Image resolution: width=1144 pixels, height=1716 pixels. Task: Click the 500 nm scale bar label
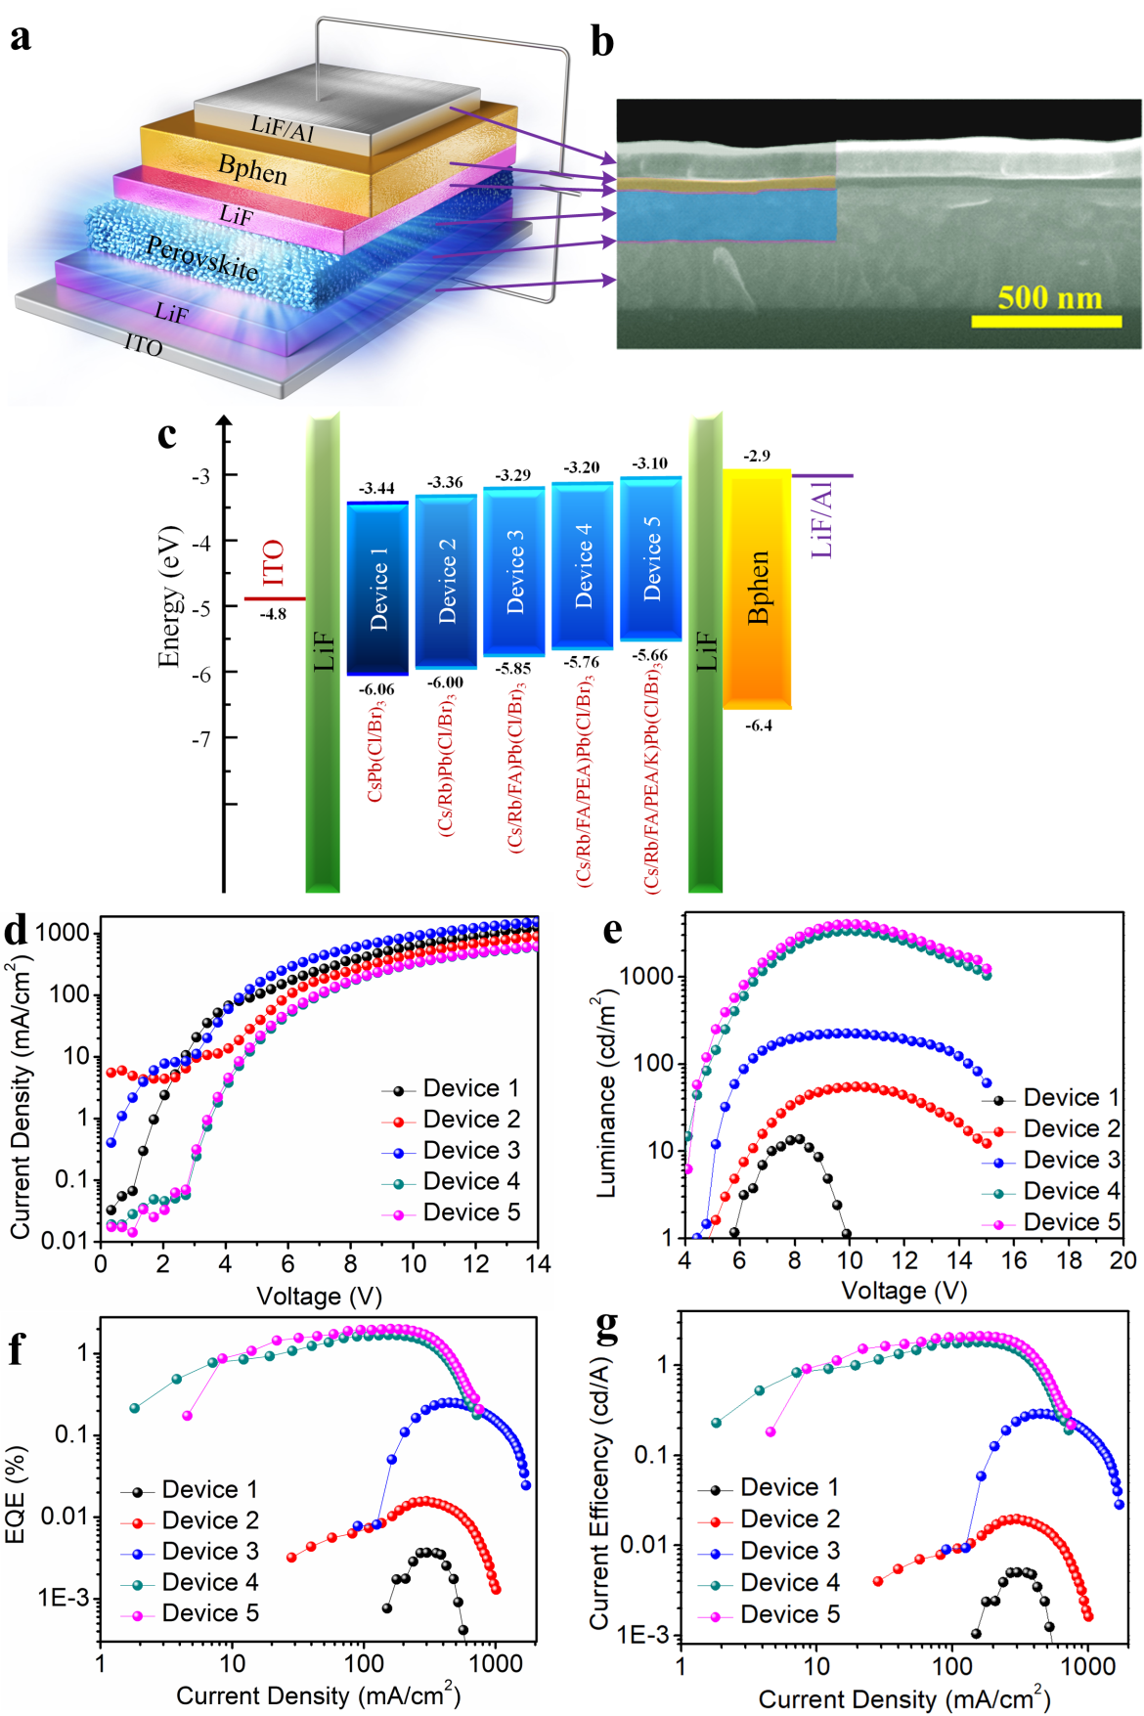[1049, 298]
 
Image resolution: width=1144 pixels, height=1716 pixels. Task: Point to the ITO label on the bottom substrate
[143, 344]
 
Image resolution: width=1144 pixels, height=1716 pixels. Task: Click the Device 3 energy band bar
[513, 571]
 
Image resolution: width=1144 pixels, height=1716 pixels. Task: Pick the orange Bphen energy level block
[758, 588]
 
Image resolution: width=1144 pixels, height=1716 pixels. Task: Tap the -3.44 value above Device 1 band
[376, 488]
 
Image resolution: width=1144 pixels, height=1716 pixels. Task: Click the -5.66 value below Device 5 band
[649, 655]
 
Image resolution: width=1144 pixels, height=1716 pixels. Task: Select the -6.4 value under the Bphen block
[759, 726]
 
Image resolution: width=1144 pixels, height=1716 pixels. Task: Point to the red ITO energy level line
[275, 598]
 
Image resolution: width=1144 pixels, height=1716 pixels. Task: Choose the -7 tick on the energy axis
[200, 739]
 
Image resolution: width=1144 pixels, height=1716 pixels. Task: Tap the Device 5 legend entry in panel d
[470, 1212]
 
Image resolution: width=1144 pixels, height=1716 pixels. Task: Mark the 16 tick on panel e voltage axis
[1015, 1260]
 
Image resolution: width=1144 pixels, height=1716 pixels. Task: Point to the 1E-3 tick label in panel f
[63, 1598]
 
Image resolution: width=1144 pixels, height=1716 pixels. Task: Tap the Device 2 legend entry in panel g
[789, 1518]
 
